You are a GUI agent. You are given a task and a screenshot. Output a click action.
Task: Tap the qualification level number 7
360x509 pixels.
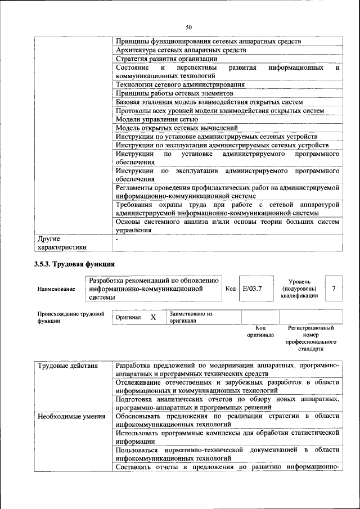coord(334,289)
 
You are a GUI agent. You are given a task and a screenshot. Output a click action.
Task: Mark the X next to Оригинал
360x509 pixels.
coord(153,317)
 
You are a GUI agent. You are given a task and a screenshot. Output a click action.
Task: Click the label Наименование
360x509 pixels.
coord(56,289)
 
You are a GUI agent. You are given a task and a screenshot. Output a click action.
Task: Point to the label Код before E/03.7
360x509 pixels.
coord(230,289)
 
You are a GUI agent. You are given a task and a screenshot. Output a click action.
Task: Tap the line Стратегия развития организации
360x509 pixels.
coord(166,58)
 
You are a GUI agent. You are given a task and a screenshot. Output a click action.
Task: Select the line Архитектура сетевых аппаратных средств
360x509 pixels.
coord(181,50)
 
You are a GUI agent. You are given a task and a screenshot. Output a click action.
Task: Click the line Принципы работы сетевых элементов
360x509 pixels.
coord(174,93)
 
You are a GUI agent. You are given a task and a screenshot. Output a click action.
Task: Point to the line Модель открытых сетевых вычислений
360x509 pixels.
coord(177,128)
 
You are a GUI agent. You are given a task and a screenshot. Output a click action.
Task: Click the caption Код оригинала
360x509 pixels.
coord(260,331)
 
